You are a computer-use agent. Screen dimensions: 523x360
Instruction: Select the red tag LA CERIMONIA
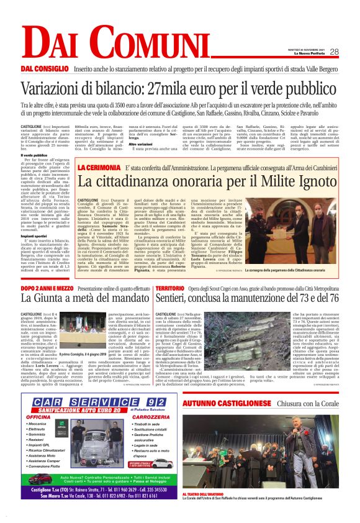click(x=97, y=168)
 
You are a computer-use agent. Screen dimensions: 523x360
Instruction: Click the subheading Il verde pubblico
click(x=34, y=155)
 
